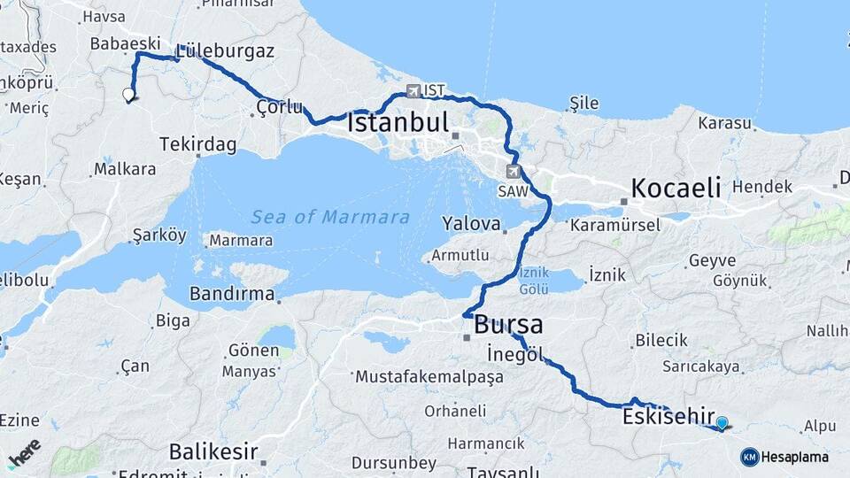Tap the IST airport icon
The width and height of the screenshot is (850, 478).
tap(413, 91)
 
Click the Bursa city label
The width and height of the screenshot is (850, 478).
tap(508, 324)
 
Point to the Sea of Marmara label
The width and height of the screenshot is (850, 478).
tap(330, 217)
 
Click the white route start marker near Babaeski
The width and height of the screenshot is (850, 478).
tap(128, 95)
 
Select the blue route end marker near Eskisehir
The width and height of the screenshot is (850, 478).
tap(722, 423)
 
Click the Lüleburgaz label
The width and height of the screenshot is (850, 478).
tap(225, 50)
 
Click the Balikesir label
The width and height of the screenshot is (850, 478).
tap(213, 451)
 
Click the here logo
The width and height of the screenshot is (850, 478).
tap(24, 452)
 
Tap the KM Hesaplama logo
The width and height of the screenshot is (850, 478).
tap(785, 457)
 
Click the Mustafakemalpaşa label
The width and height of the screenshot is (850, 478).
tap(429, 377)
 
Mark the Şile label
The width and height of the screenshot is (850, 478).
tap(583, 104)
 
